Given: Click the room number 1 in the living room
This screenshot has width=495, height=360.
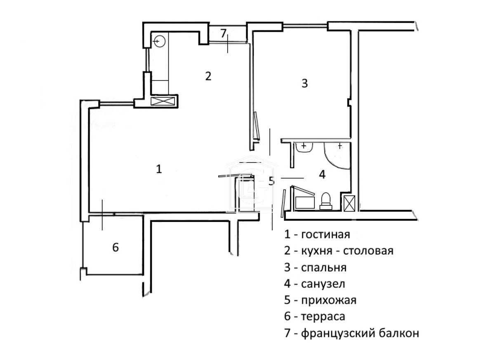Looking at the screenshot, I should click(159, 169).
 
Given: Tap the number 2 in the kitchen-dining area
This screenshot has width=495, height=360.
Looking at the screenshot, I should click(208, 76).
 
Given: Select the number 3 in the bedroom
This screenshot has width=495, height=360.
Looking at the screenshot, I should click(304, 83).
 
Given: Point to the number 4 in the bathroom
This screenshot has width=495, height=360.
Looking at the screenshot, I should click(322, 174).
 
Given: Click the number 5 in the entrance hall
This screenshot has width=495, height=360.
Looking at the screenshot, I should click(271, 181).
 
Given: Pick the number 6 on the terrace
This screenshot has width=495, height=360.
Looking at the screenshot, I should click(115, 247).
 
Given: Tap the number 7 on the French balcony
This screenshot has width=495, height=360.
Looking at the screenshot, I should click(223, 33).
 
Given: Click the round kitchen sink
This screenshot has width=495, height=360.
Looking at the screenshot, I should click(160, 41).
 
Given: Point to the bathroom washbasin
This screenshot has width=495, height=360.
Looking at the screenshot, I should click(304, 147).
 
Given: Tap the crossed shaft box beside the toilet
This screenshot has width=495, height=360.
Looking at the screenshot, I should click(349, 203).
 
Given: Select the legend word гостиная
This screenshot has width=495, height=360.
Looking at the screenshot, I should click(325, 235).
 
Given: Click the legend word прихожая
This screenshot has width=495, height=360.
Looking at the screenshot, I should click(328, 300).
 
